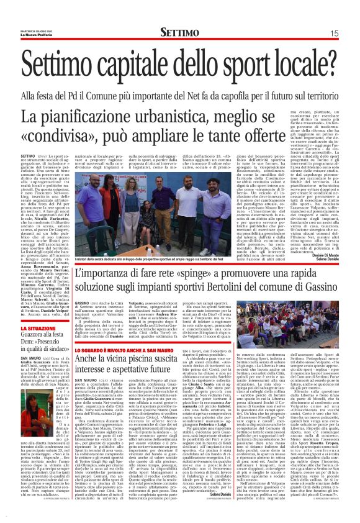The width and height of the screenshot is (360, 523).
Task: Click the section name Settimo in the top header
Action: point(179,32)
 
